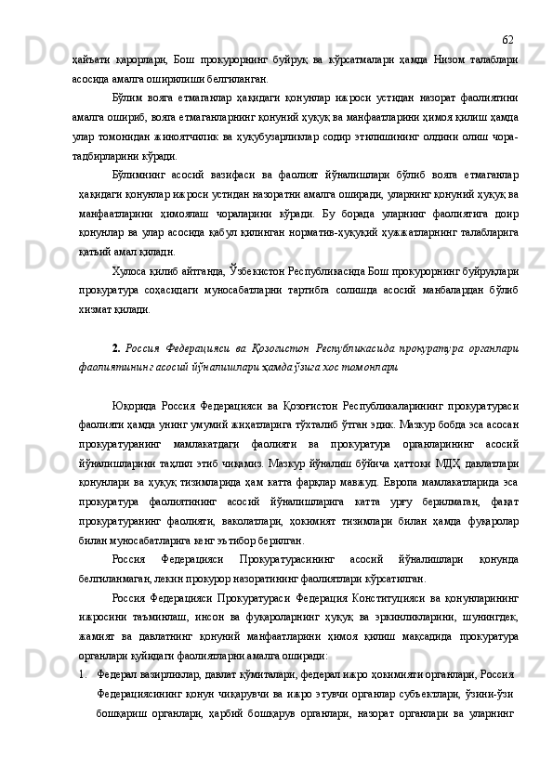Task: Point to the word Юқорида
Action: click(138, 405)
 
